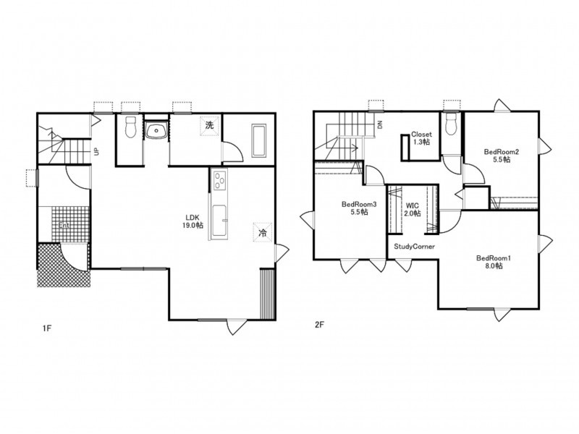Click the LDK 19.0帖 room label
(193, 221)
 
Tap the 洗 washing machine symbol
(210, 125)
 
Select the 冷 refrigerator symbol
(263, 232)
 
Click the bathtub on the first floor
(258, 140)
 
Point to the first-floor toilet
(131, 127)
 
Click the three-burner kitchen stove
(220, 179)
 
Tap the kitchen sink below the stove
(220, 221)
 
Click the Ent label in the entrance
(64, 225)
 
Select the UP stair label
(96, 151)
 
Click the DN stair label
(380, 124)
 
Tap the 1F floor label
(46, 328)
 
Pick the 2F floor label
(319, 325)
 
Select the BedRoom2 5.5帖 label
(502, 156)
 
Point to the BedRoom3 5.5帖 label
(359, 208)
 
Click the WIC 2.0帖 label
(412, 209)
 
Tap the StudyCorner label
(414, 247)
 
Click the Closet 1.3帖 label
(421, 138)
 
